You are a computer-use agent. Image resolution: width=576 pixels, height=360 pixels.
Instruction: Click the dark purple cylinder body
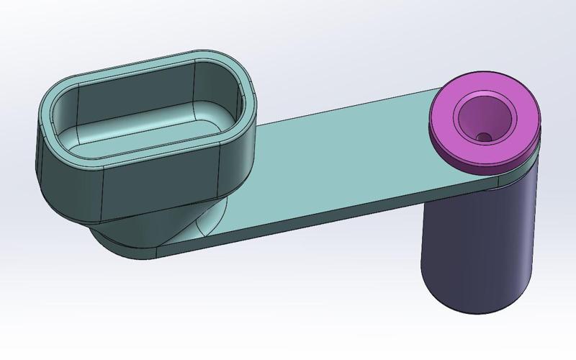(x=475, y=245)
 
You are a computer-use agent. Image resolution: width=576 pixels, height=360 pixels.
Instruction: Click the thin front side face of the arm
(x=324, y=223)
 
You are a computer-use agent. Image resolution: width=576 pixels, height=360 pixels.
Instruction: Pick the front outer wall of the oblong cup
(x=158, y=187)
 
